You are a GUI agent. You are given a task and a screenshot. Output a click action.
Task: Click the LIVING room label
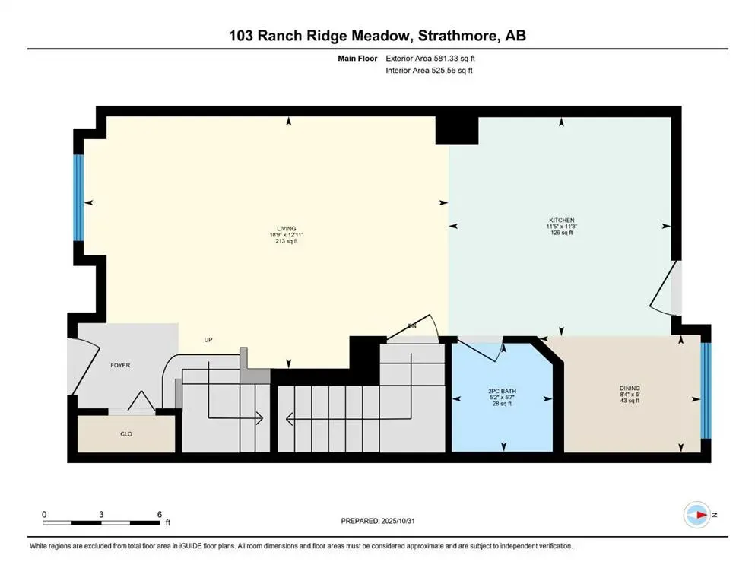[286, 228]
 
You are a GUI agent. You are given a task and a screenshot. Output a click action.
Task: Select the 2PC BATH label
[502, 392]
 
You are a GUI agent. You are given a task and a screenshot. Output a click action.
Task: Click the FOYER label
[119, 365]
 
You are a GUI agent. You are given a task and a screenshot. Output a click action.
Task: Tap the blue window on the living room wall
[78, 198]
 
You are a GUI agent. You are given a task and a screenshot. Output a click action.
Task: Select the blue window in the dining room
[705, 391]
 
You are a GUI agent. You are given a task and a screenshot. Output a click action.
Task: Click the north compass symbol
[697, 515]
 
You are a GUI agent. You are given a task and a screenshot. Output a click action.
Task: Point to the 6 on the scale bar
[159, 515]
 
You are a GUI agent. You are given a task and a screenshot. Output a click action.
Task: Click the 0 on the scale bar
[45, 515]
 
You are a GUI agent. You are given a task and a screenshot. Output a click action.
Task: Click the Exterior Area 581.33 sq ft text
[435, 58]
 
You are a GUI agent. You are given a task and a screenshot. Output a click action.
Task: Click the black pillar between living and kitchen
[456, 129]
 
